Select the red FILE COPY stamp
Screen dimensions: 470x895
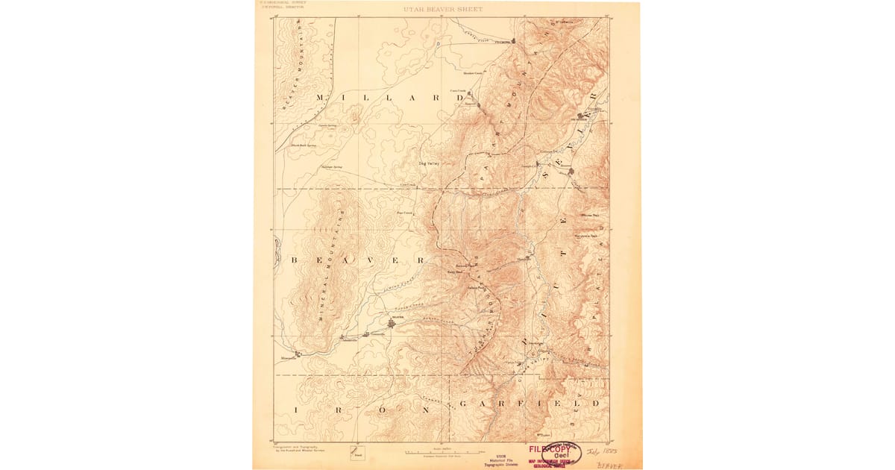pos(549,450)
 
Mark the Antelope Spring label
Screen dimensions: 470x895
pos(331,166)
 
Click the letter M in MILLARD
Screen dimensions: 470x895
pos(321,98)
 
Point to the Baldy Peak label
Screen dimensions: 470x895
pos(455,272)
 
